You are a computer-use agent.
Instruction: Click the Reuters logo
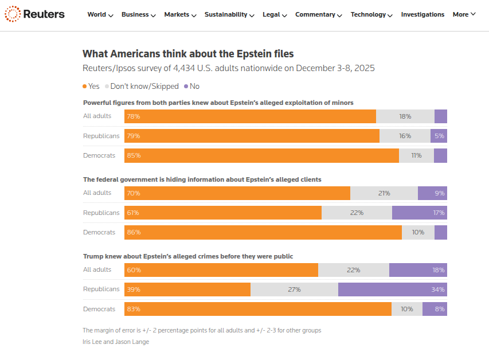point(35,14)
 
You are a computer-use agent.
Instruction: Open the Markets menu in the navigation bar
point(180,14)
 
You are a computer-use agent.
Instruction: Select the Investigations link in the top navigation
point(423,14)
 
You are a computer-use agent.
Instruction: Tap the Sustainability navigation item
point(230,14)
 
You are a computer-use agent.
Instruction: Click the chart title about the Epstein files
point(188,54)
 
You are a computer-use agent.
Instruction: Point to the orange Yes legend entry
point(91,86)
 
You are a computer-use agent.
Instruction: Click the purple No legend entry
point(191,86)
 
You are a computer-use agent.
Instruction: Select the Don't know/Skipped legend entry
point(143,86)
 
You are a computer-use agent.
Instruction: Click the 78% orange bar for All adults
point(250,116)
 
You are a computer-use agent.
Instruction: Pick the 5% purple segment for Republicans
point(439,136)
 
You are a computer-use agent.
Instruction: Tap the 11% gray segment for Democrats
point(416,155)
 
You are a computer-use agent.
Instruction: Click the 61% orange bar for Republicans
point(223,213)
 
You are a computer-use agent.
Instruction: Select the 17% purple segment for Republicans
point(420,213)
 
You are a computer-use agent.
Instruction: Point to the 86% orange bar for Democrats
point(263,232)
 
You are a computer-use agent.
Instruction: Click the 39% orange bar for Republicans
point(187,289)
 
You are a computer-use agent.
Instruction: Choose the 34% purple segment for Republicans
point(393,289)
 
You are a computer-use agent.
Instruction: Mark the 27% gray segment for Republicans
point(294,289)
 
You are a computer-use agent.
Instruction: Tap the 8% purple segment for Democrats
point(435,309)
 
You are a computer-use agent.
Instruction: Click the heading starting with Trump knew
point(188,256)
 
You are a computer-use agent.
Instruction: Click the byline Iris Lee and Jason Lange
point(116,342)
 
